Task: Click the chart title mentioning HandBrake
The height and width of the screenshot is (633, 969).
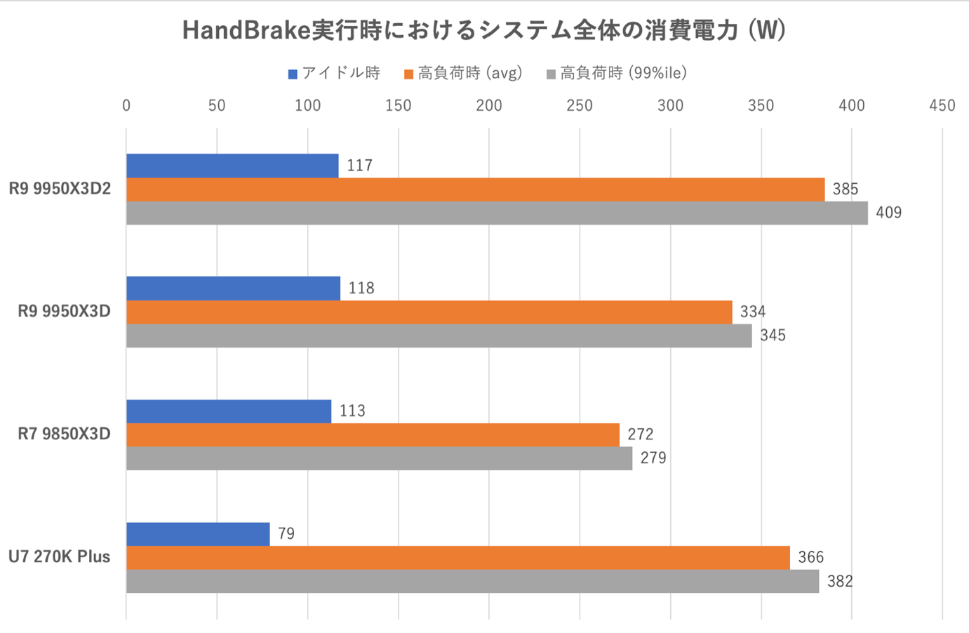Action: (x=483, y=30)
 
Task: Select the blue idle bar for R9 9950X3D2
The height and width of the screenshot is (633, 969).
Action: (x=232, y=166)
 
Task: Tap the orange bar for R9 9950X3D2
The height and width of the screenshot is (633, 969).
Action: (x=475, y=189)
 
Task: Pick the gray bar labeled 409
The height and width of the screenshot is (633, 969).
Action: (x=497, y=213)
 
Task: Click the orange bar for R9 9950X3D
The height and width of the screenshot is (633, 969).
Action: (x=429, y=312)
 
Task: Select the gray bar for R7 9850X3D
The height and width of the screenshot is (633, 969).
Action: (x=379, y=458)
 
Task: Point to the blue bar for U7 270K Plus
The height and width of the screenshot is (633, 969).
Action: (x=198, y=534)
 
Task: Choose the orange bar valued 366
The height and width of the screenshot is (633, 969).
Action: (x=457, y=558)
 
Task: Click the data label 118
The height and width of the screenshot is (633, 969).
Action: (x=361, y=288)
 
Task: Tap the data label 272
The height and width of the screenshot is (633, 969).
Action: (x=641, y=434)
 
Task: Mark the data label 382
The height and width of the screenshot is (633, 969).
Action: (x=840, y=582)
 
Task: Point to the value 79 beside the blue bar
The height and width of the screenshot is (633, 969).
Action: (x=286, y=534)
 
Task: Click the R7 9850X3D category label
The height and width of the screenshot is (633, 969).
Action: (x=64, y=434)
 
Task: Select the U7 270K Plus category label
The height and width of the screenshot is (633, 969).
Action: (x=60, y=557)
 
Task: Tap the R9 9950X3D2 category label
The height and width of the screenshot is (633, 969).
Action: (x=60, y=189)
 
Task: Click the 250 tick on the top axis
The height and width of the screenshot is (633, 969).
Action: (x=580, y=106)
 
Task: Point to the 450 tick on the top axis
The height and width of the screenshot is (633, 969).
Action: (x=942, y=106)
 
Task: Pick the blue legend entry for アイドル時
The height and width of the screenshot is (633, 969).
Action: (x=335, y=73)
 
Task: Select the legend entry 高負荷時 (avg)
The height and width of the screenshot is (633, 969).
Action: (x=464, y=73)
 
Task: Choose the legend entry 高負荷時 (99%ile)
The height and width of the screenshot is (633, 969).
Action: (x=617, y=73)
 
